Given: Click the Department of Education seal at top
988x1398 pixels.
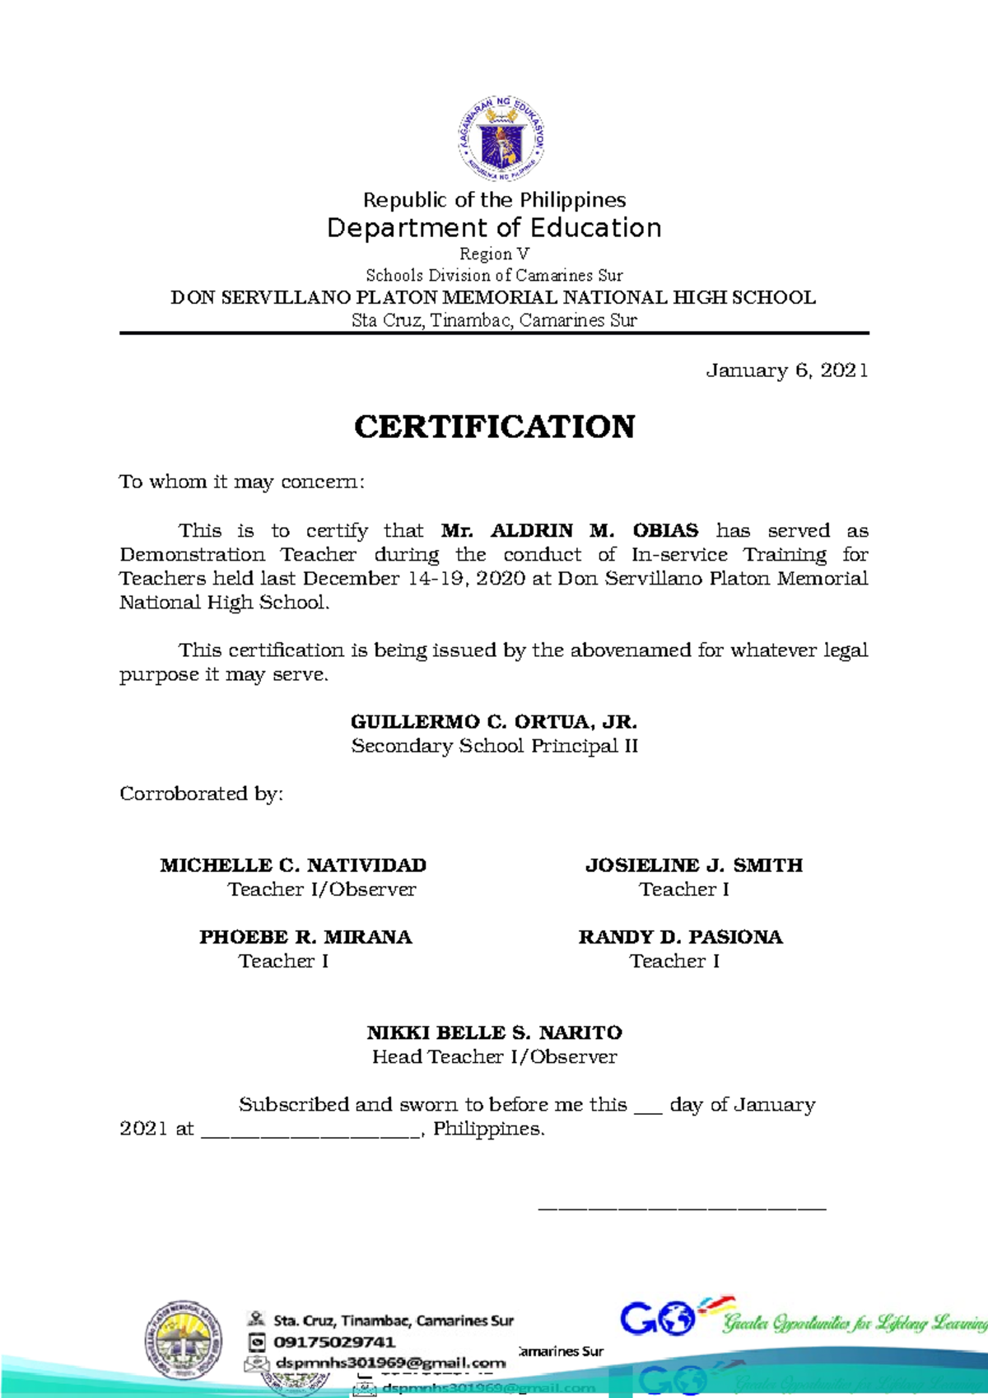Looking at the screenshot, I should click(501, 138).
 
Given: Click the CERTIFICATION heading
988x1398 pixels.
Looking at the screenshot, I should click(494, 426).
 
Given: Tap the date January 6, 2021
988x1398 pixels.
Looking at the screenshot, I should click(786, 370).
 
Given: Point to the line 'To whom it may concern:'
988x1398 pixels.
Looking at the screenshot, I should click(241, 482).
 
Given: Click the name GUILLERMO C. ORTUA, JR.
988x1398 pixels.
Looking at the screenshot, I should click(494, 722).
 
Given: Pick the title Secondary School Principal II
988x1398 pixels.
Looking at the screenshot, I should click(494, 746).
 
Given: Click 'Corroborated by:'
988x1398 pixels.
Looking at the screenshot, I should click(201, 794).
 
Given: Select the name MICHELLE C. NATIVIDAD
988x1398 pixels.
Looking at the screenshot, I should click(293, 865).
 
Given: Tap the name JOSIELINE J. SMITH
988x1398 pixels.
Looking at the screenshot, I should click(693, 865).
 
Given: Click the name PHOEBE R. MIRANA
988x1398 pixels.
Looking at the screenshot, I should click(305, 937).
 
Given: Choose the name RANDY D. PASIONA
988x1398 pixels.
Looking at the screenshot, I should click(680, 937).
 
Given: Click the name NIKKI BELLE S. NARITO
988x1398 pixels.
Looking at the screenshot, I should click(494, 1032).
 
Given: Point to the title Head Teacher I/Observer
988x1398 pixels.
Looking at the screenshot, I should click(494, 1056).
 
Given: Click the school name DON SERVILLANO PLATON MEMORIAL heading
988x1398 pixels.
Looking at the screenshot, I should click(492, 297).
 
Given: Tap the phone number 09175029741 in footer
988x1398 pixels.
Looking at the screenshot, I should click(334, 1341).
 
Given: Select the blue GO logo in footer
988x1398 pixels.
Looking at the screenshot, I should click(658, 1318).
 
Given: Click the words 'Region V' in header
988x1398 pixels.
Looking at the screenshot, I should click(494, 254).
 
